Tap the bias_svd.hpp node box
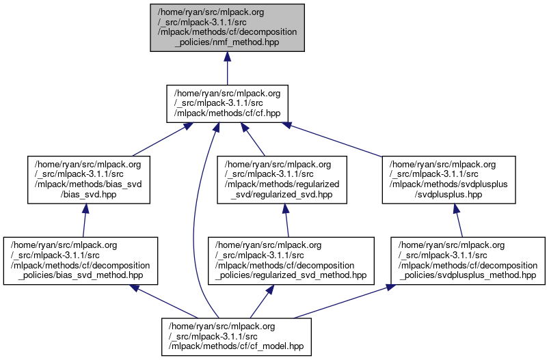89,180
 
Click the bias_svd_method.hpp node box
81,261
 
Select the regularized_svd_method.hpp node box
291,261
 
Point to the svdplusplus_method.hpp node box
468,261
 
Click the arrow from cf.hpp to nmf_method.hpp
226,68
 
